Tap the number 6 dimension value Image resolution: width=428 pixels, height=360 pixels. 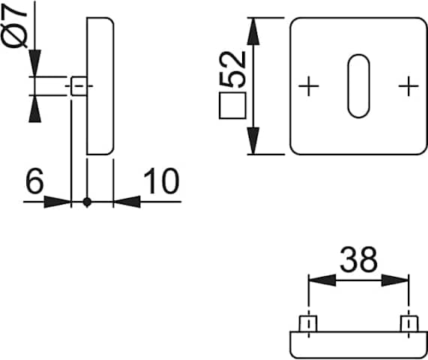click(x=34, y=181)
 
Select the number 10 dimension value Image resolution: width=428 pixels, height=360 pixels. click(x=161, y=181)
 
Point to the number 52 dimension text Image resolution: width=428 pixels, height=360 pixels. click(x=233, y=70)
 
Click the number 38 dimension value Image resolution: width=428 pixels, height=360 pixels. click(x=359, y=259)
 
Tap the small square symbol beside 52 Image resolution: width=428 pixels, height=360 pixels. click(x=232, y=106)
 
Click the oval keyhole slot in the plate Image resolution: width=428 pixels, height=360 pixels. click(x=358, y=86)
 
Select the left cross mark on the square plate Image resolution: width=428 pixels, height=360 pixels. click(x=309, y=86)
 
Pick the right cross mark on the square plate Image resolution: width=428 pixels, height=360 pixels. click(x=409, y=86)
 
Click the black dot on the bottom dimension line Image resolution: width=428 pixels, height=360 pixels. click(x=87, y=202)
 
